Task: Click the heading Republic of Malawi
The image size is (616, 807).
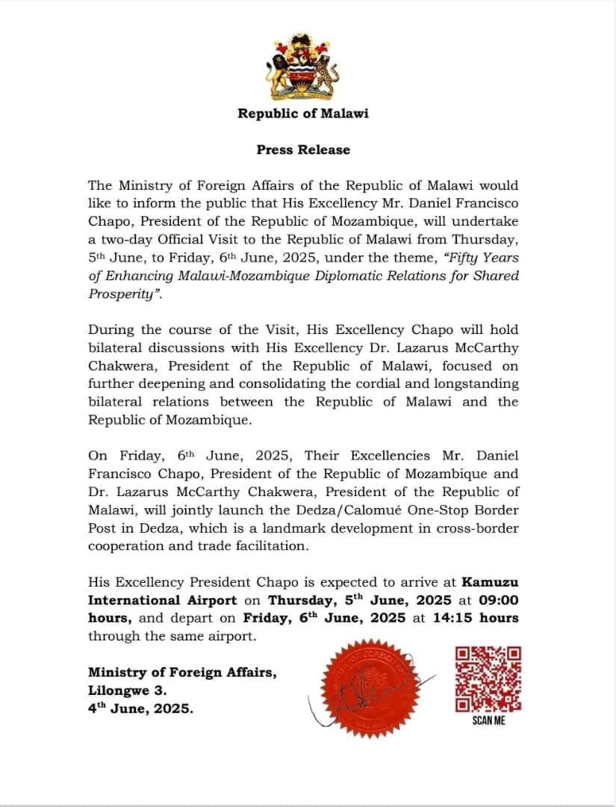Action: click(303, 114)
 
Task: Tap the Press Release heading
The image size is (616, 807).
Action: click(303, 149)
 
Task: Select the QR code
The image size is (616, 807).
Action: click(488, 678)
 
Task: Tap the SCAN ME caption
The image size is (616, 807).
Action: click(488, 721)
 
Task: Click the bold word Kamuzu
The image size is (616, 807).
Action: click(490, 582)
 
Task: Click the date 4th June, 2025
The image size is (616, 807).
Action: click(140, 709)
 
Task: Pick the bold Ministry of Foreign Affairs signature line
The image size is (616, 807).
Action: click(182, 672)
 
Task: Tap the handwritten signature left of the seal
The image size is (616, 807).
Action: click(329, 706)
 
